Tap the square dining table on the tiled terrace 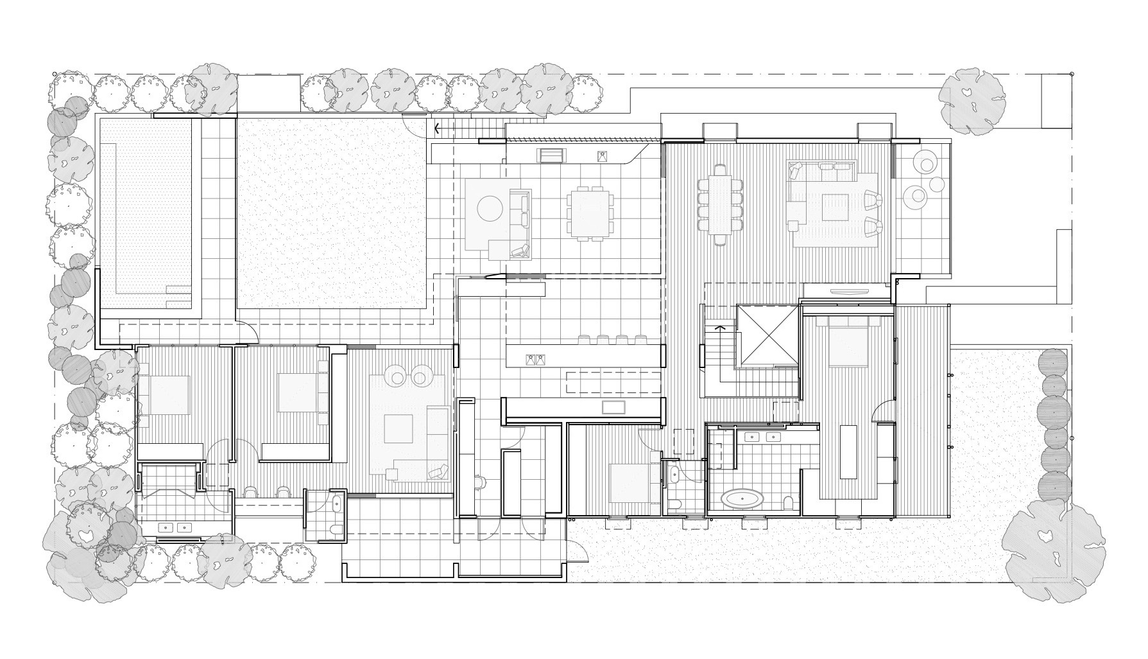[588, 212]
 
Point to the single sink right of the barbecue [603, 156]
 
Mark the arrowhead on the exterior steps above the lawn [438, 128]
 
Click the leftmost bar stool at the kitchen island [584, 338]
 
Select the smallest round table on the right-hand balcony [937, 184]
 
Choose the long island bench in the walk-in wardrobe [848, 451]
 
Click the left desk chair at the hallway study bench [250, 492]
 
